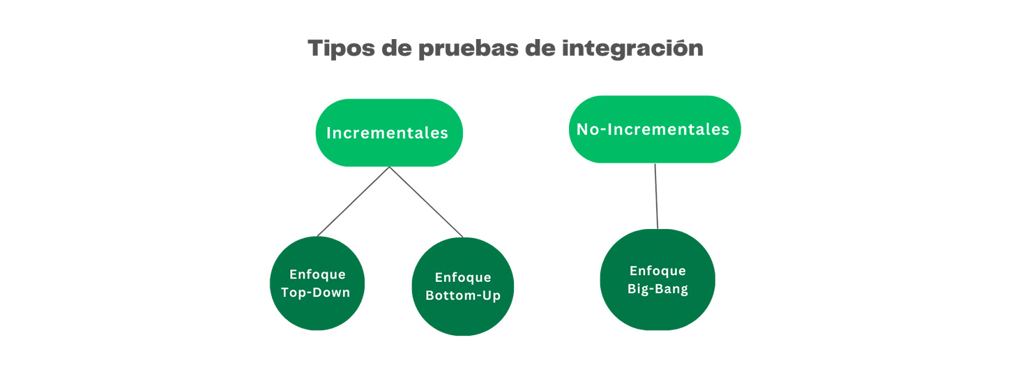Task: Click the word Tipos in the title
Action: coord(342,48)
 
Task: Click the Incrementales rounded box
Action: coord(388,133)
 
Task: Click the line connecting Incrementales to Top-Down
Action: coord(353,202)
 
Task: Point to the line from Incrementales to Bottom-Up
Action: coord(426,202)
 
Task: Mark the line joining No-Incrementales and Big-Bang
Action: coord(656,195)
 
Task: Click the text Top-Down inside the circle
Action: coord(316,292)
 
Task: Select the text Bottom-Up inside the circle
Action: coord(463,295)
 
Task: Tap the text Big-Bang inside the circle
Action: coord(657,288)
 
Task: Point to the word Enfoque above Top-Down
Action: coord(317,274)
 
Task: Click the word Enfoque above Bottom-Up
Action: coord(463,278)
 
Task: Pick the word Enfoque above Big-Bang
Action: coord(657,271)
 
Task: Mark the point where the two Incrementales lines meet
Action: coord(390,168)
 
